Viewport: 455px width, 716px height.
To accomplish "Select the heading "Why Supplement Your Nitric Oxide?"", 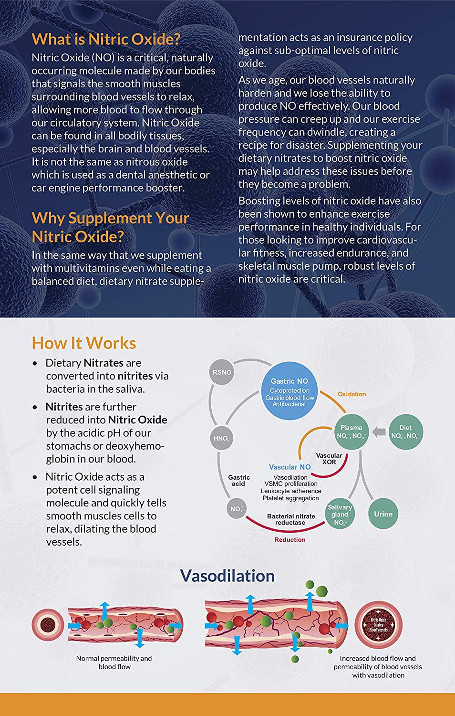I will [110, 227].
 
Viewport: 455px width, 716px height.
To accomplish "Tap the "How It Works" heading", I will [84, 343].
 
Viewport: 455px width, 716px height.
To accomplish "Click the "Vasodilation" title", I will [227, 575].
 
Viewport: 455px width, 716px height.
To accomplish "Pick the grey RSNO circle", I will [222, 372].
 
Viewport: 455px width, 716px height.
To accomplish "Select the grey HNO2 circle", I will [222, 438].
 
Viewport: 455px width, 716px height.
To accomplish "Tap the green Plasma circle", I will [352, 432].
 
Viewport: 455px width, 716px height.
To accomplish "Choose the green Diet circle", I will [405, 432].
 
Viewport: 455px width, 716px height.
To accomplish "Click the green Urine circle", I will [383, 514].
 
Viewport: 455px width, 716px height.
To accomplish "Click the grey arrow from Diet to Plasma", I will [379, 432].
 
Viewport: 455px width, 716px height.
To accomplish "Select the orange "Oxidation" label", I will [352, 394].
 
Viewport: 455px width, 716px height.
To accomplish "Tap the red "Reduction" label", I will [290, 539].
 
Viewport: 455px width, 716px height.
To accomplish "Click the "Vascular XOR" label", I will [329, 459].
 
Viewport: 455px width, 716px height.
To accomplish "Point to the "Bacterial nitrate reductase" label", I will [291, 519].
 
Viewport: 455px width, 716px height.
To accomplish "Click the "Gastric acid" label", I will [238, 480].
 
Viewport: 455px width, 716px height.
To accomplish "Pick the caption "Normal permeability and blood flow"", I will [114, 662].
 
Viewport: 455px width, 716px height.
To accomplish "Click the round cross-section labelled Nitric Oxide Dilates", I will [379, 624].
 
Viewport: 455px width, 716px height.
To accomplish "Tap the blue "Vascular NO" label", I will [290, 467].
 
